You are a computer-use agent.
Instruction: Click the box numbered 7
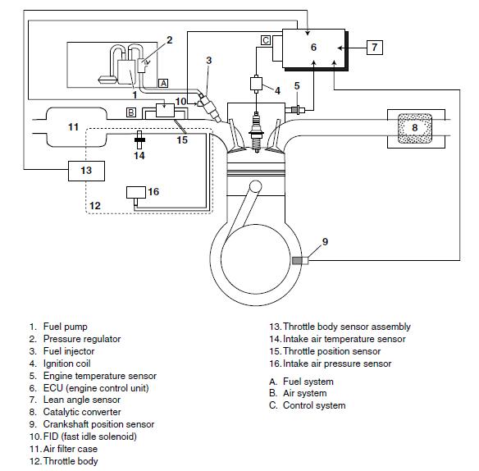point(375,48)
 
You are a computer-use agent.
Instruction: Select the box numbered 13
point(86,171)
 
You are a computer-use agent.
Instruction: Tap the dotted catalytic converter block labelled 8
point(415,128)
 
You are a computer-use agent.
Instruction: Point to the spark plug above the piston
point(256,132)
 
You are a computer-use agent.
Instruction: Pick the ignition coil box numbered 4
point(256,84)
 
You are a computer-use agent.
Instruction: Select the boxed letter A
point(163,83)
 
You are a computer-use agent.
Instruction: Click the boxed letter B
point(131,112)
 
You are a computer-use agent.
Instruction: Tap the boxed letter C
point(266,40)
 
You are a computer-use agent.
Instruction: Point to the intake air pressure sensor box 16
point(136,192)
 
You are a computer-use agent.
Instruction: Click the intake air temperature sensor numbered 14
point(139,140)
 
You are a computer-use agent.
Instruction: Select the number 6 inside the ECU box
point(313,48)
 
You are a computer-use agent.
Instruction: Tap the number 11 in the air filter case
point(73,127)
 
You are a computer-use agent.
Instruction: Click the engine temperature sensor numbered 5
point(297,109)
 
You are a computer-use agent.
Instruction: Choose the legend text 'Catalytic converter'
point(82,412)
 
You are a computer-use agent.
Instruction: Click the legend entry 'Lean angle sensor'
point(82,400)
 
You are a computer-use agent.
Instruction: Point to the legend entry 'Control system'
point(314,405)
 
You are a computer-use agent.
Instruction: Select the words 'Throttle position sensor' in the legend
point(331,351)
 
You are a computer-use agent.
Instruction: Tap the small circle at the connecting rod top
point(255,187)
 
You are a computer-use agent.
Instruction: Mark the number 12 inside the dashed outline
point(94,206)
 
